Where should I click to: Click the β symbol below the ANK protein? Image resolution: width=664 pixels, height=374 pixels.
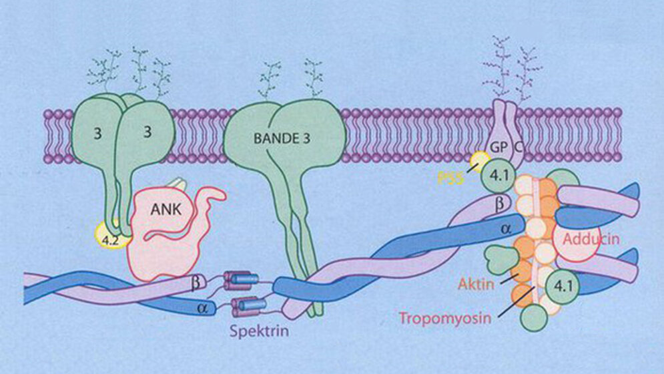[196, 283]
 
